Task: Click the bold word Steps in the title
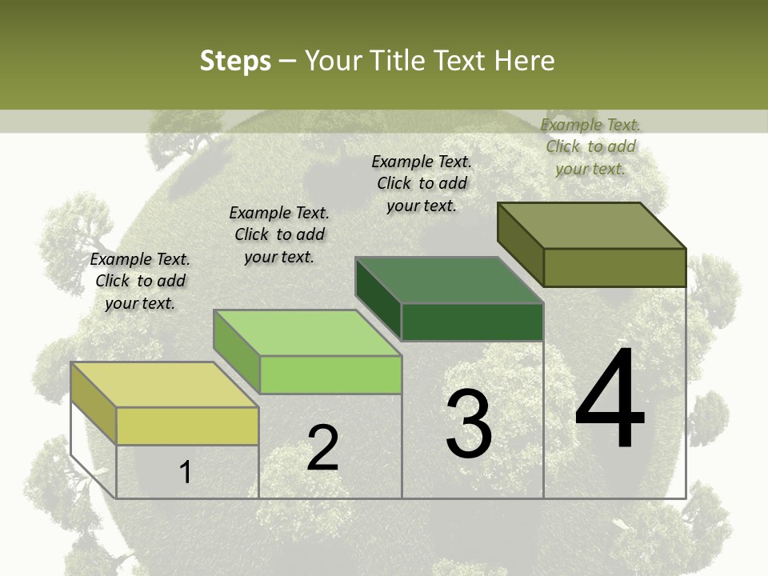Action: pyautogui.click(x=235, y=61)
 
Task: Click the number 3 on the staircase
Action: pyautogui.click(x=469, y=424)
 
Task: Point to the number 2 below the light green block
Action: pyautogui.click(x=323, y=448)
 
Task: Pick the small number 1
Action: pyautogui.click(x=186, y=473)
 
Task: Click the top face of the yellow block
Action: pyautogui.click(x=164, y=385)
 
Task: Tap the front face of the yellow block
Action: pyautogui.click(x=187, y=426)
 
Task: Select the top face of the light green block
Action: pyautogui.click(x=307, y=333)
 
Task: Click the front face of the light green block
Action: pyautogui.click(x=330, y=374)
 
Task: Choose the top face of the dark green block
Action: pyautogui.click(x=449, y=280)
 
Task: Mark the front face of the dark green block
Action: pyautogui.click(x=472, y=322)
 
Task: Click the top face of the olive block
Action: pyautogui.click(x=592, y=226)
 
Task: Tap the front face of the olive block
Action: pyautogui.click(x=614, y=267)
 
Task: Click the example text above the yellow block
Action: pyautogui.click(x=140, y=281)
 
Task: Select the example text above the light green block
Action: pyautogui.click(x=279, y=234)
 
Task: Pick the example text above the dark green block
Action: pyautogui.click(x=422, y=183)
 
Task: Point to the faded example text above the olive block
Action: pyautogui.click(x=590, y=146)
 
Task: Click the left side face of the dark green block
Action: pyautogui.click(x=378, y=298)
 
